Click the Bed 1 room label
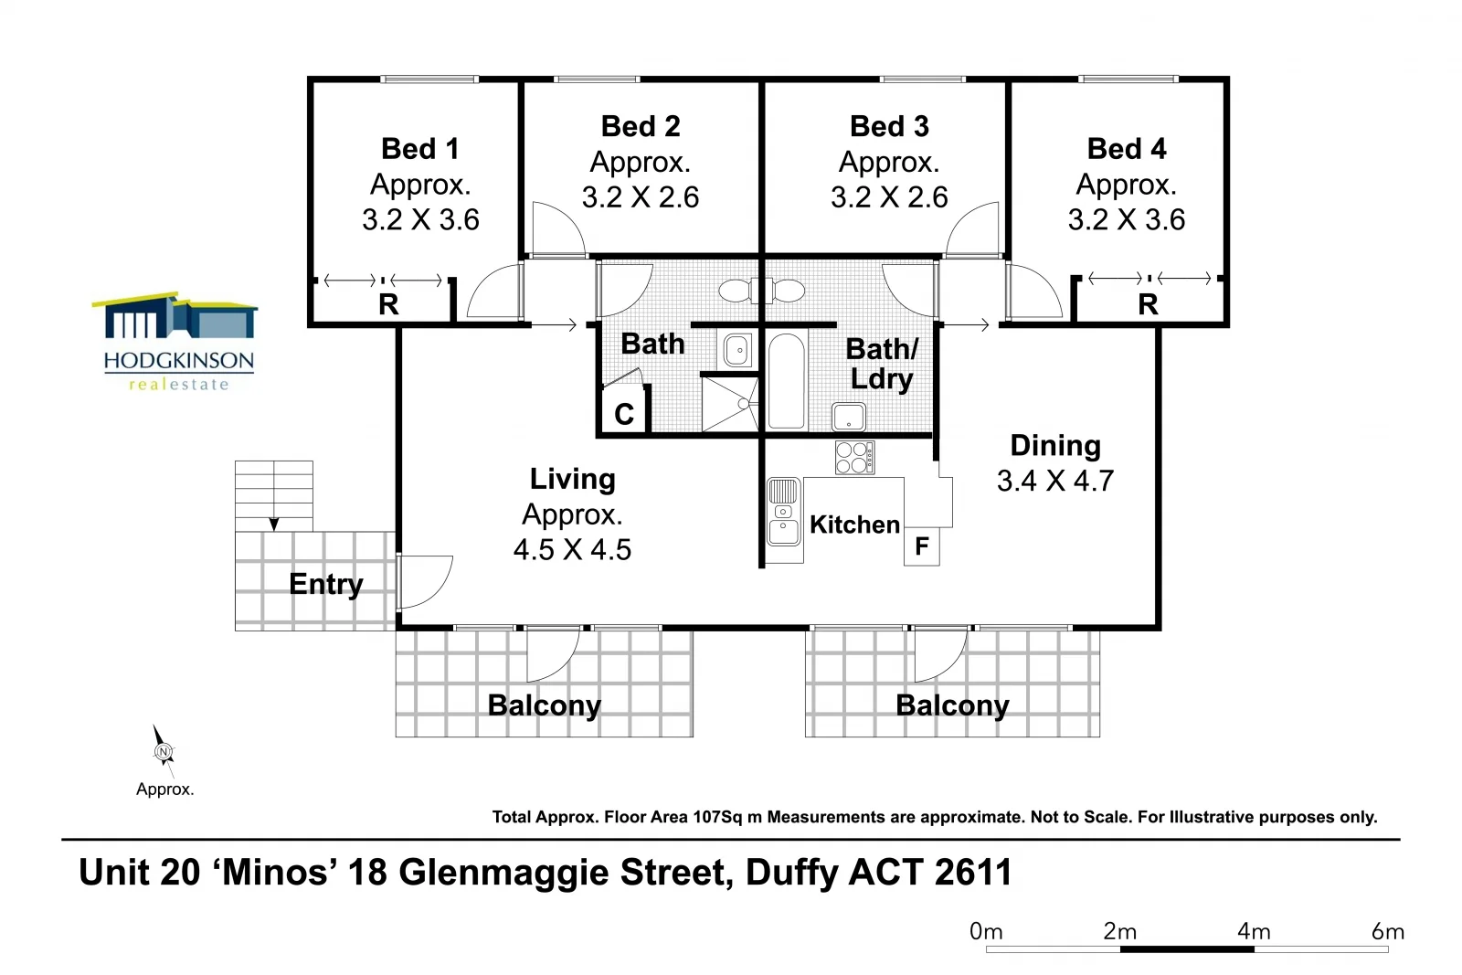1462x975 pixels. click(420, 149)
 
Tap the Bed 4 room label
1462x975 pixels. click(1127, 149)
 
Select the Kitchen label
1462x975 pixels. click(854, 525)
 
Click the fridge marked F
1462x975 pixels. click(922, 546)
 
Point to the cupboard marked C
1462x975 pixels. click(624, 414)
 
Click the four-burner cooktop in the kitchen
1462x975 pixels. click(854, 458)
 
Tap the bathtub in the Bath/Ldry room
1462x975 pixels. click(786, 381)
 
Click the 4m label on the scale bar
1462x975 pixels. click(1254, 931)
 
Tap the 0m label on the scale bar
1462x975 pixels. click(986, 931)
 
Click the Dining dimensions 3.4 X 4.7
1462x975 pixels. click(1055, 481)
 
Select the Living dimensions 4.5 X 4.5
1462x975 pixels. click(572, 549)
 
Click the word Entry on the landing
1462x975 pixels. click(326, 584)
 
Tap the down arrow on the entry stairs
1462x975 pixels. click(273, 524)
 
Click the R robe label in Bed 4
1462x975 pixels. click(1148, 304)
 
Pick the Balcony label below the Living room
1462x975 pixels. click(545, 705)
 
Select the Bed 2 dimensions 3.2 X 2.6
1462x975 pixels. click(641, 196)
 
